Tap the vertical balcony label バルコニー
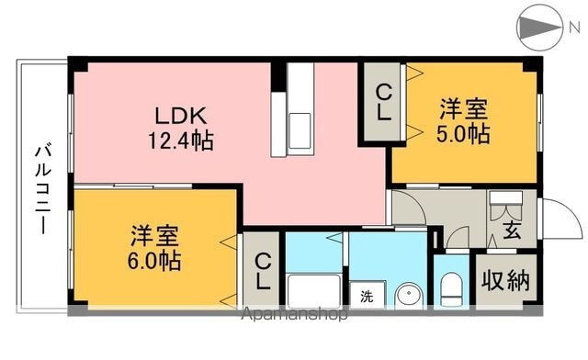point(42,188)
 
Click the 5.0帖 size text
point(462,134)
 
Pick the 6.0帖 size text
point(154,259)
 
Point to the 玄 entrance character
point(511,231)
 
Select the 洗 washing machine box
point(367,297)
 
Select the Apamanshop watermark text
point(294,314)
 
